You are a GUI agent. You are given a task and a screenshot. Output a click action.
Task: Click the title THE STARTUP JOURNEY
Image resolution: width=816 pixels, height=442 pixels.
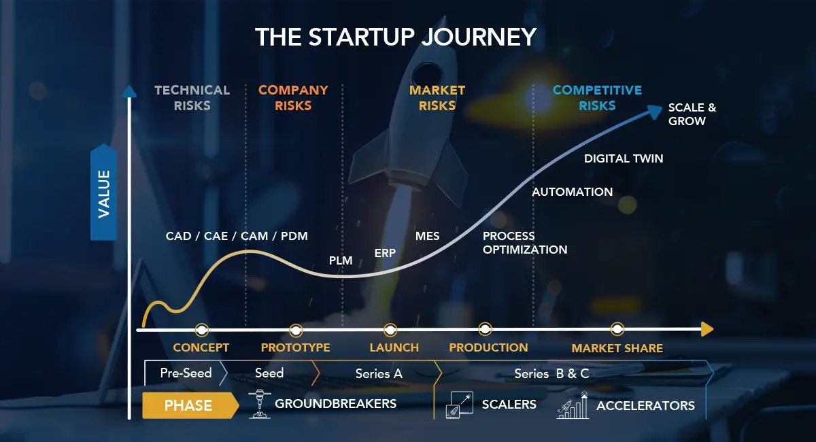point(396,37)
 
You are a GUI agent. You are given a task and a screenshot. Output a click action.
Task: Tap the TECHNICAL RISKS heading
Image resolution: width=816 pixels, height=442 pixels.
point(192,98)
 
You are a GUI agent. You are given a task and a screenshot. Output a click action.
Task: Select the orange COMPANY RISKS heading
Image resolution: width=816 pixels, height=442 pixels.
point(293,98)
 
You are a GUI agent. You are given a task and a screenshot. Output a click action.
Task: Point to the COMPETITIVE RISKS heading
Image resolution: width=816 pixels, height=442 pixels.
point(597,98)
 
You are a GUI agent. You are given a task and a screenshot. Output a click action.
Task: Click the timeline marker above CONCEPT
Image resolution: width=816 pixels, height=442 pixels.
point(202,330)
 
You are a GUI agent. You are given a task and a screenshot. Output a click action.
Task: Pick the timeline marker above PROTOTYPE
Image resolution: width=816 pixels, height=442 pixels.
point(296,330)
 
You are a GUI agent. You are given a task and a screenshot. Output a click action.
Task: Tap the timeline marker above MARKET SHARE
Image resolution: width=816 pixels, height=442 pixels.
point(617,329)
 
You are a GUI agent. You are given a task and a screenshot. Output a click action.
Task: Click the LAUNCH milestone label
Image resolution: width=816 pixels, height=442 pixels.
point(394,347)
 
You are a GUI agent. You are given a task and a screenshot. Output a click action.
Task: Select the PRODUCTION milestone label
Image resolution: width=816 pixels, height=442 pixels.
point(488,347)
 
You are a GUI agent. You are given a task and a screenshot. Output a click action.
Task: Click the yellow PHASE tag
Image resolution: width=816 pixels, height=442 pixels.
point(190,405)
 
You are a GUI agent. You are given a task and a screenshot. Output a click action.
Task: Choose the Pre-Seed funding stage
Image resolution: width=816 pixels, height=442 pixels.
point(186,373)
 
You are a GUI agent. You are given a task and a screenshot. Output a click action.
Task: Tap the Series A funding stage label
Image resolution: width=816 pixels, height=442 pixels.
point(379,373)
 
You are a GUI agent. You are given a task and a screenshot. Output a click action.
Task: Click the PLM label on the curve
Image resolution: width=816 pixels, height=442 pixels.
point(341,260)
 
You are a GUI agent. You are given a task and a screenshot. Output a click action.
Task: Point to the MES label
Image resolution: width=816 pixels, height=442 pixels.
point(427,236)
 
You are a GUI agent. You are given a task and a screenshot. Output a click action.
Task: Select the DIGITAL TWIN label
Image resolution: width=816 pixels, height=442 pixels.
point(624,158)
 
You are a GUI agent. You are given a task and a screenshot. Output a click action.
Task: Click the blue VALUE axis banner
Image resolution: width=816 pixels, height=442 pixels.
point(104,192)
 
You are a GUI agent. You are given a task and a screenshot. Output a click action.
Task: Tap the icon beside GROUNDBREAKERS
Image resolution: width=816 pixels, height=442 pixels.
point(260,404)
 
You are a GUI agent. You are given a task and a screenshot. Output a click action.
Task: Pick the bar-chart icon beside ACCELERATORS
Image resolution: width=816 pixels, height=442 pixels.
point(573,405)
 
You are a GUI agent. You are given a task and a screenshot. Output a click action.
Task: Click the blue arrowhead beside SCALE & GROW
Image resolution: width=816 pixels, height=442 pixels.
point(655,111)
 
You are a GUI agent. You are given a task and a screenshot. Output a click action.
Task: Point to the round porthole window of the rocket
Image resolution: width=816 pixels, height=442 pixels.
point(426,75)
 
